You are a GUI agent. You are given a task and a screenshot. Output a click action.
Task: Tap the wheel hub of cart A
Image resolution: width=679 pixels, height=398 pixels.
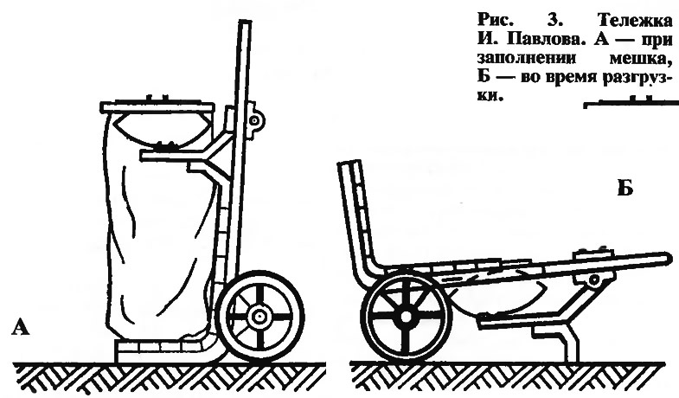coord(259,317)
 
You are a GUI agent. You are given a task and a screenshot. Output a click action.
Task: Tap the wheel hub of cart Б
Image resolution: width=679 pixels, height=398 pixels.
coord(406,317)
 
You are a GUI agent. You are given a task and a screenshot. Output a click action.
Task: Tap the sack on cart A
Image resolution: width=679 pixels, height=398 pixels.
coord(158,234)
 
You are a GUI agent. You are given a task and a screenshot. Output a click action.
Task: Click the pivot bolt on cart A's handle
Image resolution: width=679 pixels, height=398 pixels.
coord(254,121)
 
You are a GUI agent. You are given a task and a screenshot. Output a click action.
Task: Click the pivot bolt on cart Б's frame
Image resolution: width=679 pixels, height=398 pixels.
coord(593,279)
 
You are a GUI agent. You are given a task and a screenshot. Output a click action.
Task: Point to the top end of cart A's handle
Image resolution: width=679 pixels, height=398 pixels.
coord(246,22)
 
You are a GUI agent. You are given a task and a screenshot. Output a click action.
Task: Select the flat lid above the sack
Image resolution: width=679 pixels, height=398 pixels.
coord(157,106)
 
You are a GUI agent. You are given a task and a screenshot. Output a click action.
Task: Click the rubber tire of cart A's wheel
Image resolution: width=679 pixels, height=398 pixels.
coord(259,276)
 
